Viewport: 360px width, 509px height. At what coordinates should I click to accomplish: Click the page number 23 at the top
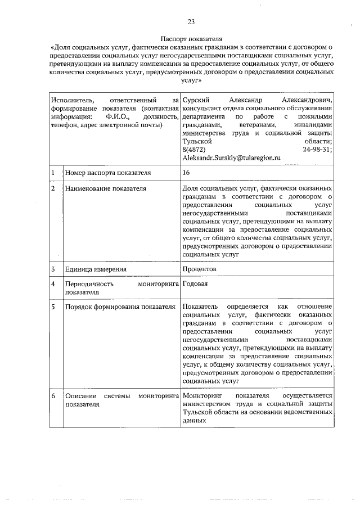point(191,22)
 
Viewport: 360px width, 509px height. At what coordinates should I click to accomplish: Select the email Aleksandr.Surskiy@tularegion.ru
point(231,159)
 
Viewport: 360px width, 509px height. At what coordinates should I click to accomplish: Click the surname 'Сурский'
point(195,100)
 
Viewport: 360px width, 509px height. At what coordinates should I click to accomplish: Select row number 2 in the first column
point(53,188)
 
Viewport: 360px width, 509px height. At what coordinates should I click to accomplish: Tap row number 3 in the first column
point(53,269)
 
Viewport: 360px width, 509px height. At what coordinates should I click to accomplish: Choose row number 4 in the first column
point(53,284)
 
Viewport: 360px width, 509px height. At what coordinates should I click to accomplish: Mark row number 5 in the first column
point(53,307)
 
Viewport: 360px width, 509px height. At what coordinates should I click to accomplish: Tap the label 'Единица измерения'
point(95,269)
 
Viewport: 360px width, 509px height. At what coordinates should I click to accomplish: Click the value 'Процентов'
point(200,269)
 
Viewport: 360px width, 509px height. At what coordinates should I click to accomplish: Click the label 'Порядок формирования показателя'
point(120,307)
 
